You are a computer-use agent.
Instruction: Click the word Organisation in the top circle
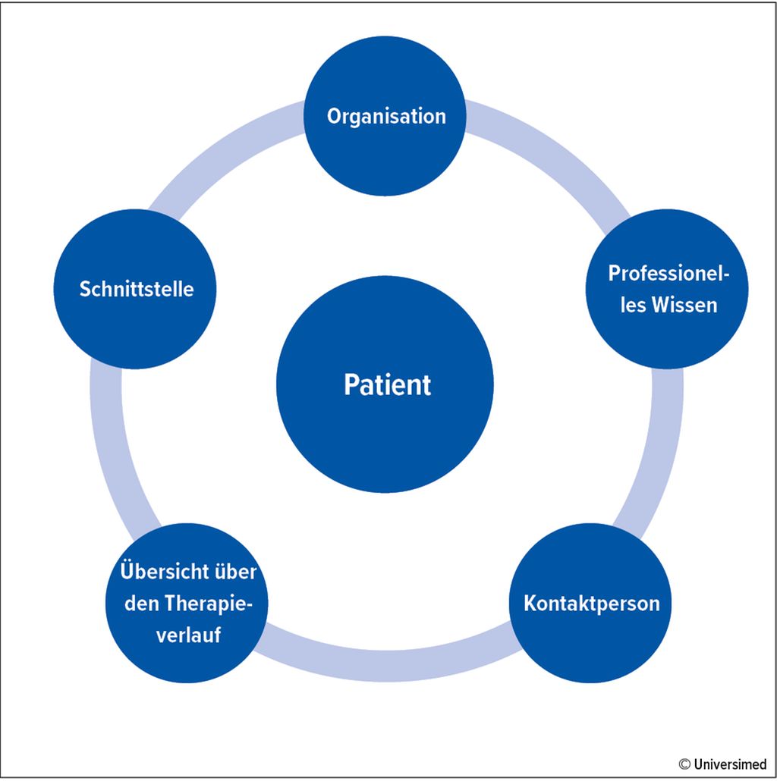click(x=386, y=117)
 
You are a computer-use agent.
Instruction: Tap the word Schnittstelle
click(x=137, y=289)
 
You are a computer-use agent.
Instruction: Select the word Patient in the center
click(x=387, y=384)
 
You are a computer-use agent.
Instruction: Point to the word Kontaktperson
click(x=592, y=604)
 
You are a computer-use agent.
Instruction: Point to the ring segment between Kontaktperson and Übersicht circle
click(x=387, y=665)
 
